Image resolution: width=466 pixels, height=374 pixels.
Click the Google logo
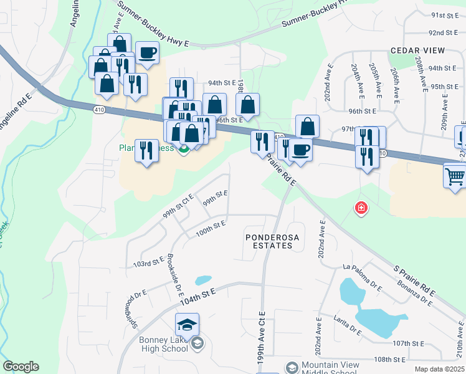(21, 367)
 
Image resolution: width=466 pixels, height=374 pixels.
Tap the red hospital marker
(360, 208)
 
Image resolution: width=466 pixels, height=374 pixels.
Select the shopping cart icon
(455, 176)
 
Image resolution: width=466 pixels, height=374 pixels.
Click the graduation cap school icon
(187, 325)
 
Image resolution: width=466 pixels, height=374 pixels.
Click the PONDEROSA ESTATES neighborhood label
(269, 241)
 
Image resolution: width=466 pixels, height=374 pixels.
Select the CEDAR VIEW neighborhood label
(417, 50)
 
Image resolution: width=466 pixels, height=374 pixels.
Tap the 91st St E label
(445, 15)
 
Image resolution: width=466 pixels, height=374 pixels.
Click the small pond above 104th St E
(203, 280)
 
